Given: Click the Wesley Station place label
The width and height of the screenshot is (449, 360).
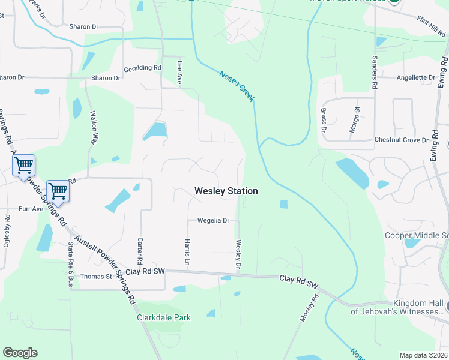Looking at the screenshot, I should coord(226,191).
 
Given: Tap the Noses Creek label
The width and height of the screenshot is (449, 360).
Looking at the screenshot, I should coord(237,86).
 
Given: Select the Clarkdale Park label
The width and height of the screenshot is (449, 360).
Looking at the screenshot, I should coord(164,317).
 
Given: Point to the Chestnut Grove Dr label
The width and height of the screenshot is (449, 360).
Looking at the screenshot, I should coord(401,140).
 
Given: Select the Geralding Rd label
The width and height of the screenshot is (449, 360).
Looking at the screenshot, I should coord(143,68).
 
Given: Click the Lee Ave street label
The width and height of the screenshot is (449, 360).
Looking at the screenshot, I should coord(179,72).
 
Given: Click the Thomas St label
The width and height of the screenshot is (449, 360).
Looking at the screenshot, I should coord(97,277).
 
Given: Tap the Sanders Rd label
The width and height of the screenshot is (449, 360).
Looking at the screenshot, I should coord(374,73).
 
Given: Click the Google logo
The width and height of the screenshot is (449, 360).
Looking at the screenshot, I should coord(20,353).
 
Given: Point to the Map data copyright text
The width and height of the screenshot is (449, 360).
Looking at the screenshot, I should coord(423,355).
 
